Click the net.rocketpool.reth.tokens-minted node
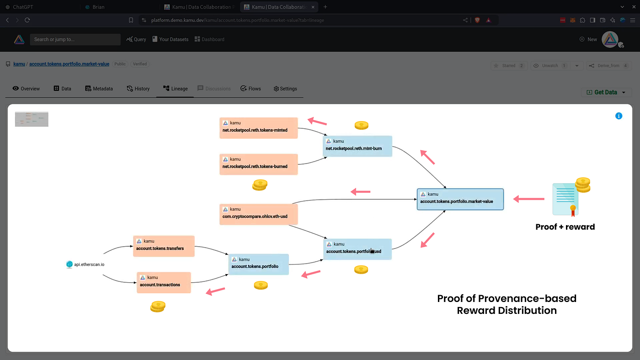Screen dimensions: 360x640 coord(259,128)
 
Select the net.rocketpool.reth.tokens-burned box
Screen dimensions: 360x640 coord(259,164)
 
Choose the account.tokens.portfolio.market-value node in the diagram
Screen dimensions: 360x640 coord(460,199)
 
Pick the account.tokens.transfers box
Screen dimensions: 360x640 coord(164,246)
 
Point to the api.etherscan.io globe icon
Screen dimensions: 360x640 coord(69,264)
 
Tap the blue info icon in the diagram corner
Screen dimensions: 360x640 coord(619,116)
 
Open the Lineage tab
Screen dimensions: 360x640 coord(176,89)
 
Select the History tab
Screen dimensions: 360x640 coord(139,89)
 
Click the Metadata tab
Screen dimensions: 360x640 coord(99,89)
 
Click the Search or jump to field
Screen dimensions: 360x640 coord(75,39)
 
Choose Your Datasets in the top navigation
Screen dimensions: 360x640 coord(171,39)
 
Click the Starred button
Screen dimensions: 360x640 coord(509,65)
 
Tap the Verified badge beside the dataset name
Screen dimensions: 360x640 coord(140,64)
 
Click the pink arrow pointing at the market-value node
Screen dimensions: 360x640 coord(529,199)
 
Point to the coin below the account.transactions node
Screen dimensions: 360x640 coord(158,307)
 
